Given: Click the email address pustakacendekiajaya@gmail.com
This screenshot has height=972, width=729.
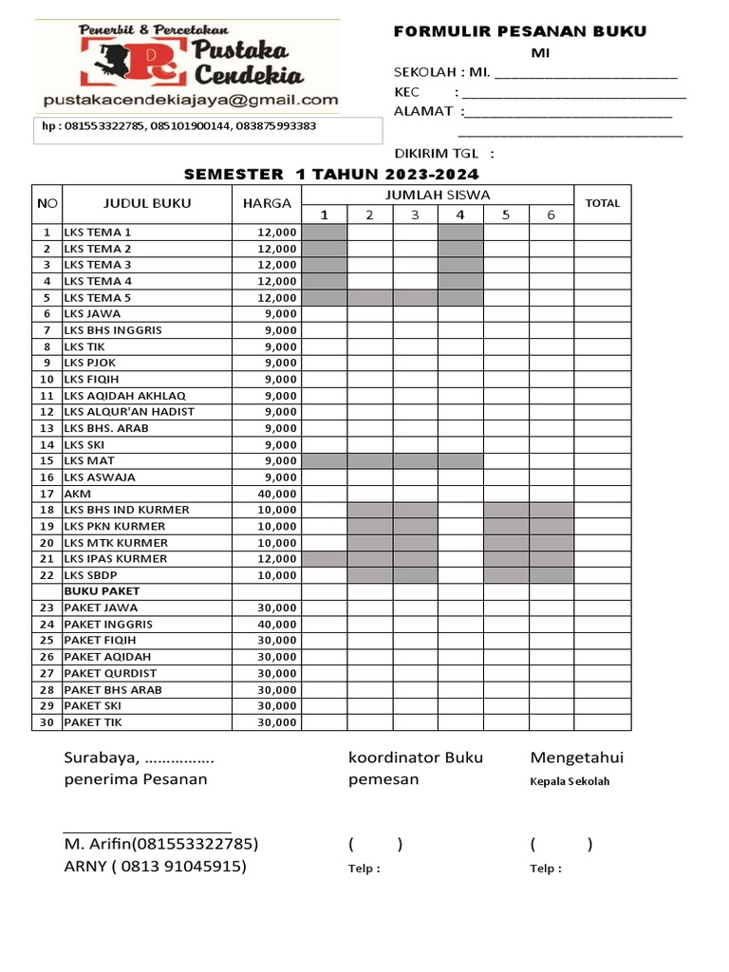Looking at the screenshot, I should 190,100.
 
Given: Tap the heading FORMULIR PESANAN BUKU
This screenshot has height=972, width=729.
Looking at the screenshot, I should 519,31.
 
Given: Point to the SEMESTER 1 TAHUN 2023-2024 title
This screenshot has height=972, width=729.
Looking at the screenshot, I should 331,174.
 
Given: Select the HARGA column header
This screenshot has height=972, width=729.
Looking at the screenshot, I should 267,203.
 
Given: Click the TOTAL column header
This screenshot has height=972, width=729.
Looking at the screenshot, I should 602,203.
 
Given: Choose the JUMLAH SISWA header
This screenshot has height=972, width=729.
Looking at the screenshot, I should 437,195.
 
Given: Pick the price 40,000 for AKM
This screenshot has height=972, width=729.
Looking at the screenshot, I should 276,494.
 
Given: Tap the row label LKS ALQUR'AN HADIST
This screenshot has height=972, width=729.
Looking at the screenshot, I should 129,412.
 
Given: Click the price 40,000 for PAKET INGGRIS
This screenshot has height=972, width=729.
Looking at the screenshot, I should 276,625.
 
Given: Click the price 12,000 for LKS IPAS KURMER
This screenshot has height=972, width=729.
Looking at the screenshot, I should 276,559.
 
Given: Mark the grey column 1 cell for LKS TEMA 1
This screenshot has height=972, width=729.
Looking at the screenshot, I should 324,232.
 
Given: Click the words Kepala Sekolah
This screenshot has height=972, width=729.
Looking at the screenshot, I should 570,782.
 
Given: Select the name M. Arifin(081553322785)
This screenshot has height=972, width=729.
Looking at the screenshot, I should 160,844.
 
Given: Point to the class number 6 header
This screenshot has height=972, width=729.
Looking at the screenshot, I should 551,215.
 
